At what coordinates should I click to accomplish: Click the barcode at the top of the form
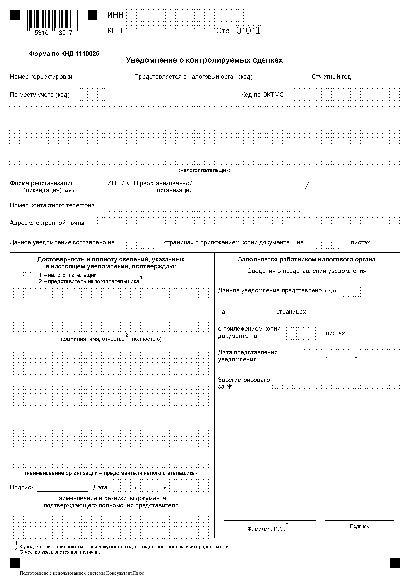[53, 19]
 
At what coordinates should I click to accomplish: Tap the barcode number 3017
[65, 33]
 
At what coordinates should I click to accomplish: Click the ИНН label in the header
[115, 15]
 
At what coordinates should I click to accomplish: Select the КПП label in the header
[115, 31]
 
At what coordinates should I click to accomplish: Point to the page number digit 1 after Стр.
[258, 31]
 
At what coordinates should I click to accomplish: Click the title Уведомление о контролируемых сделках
[204, 60]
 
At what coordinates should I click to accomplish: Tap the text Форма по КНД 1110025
[64, 54]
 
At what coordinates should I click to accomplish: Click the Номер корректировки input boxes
[93, 77]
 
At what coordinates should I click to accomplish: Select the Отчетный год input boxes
[380, 77]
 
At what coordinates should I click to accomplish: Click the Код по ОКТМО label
[263, 95]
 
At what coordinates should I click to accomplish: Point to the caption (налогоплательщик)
[204, 170]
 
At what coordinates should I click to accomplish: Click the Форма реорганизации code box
[93, 186]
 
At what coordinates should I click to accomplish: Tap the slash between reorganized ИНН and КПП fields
[306, 185]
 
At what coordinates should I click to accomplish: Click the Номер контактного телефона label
[52, 205]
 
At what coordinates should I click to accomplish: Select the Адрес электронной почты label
[47, 223]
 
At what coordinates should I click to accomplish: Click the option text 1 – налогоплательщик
[68, 275]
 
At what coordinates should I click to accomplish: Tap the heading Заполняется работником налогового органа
[307, 259]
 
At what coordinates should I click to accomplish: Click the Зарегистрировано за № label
[244, 383]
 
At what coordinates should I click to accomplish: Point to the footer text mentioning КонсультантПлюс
[82, 573]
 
